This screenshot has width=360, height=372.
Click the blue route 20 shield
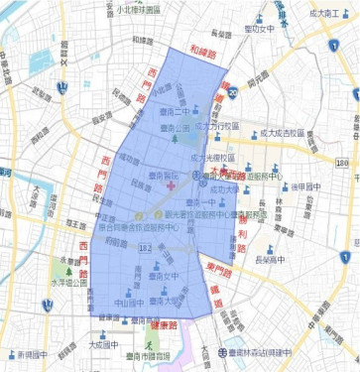232,92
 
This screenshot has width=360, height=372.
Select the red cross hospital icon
170,186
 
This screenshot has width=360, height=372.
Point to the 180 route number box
342,162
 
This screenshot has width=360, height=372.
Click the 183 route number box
146,247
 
